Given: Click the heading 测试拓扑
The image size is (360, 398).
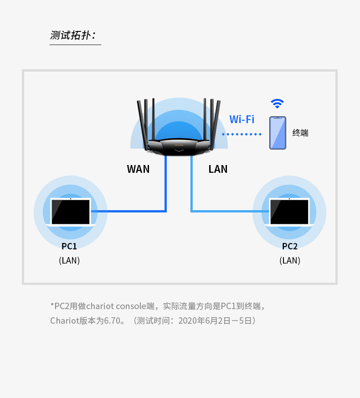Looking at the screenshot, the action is point(73,35).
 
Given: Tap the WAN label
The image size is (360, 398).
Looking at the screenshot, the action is point(138,169).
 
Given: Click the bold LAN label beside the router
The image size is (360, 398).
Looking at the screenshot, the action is point(218,169).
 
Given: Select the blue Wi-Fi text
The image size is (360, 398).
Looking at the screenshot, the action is point(242,119).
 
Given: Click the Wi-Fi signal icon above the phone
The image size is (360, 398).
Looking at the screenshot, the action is point(277,103).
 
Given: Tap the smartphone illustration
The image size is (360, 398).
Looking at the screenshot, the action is point(278,133).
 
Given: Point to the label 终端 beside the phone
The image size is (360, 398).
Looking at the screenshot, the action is point(300,133).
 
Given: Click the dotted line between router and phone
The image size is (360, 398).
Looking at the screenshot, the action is point(242,134).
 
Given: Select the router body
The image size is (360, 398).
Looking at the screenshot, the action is point(179,147).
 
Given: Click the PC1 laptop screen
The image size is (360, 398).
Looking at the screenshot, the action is point(71,212).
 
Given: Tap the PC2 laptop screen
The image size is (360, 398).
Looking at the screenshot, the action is point(289,212).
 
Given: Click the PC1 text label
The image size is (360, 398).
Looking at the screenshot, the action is point(69,246).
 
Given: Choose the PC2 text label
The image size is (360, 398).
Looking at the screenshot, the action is point(290,246).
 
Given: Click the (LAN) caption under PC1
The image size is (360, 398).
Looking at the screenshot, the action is point(69,260).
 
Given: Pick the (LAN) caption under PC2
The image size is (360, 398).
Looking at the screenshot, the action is point(290,260).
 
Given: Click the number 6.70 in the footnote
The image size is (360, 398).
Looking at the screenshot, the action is point(112,320).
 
